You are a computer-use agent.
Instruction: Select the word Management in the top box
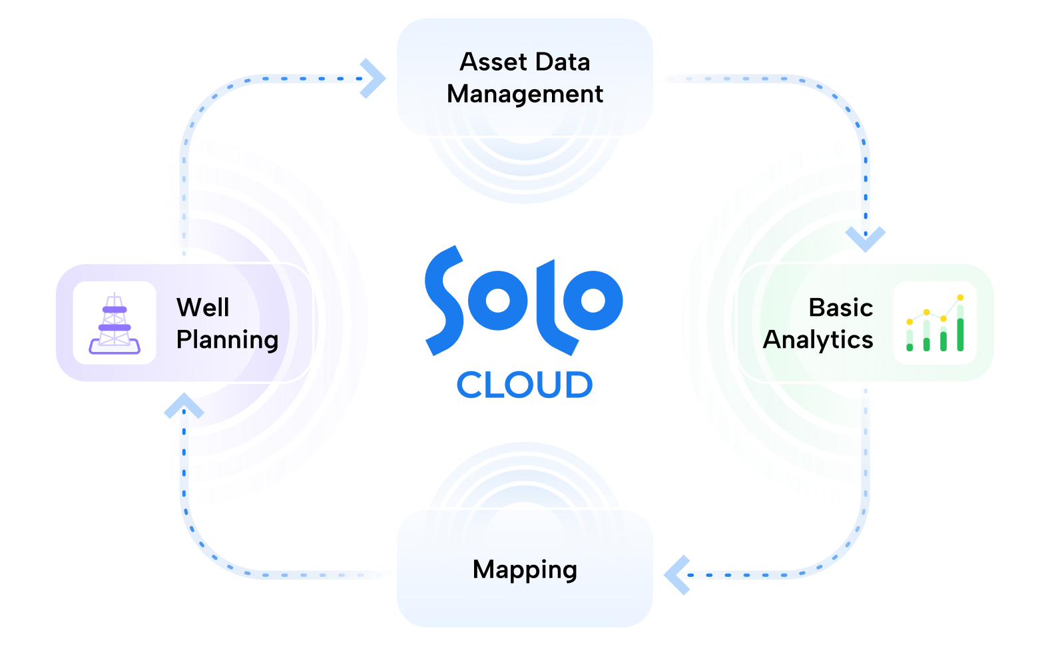525,94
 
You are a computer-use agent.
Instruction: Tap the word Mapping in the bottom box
525,570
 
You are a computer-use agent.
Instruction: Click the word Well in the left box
203,308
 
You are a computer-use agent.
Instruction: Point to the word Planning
227,340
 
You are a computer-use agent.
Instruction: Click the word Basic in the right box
840,308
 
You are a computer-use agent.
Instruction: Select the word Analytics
818,340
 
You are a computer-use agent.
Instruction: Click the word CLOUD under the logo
525,385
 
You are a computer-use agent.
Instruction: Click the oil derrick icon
115,323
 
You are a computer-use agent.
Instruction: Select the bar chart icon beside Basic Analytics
935,323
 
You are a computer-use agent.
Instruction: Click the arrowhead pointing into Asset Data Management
373,79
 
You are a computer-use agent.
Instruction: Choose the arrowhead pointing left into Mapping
676,574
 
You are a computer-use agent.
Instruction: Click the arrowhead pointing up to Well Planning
184,406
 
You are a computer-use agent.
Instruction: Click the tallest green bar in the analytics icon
960,334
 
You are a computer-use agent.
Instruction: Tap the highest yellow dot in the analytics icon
960,297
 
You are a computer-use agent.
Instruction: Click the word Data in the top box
563,63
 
